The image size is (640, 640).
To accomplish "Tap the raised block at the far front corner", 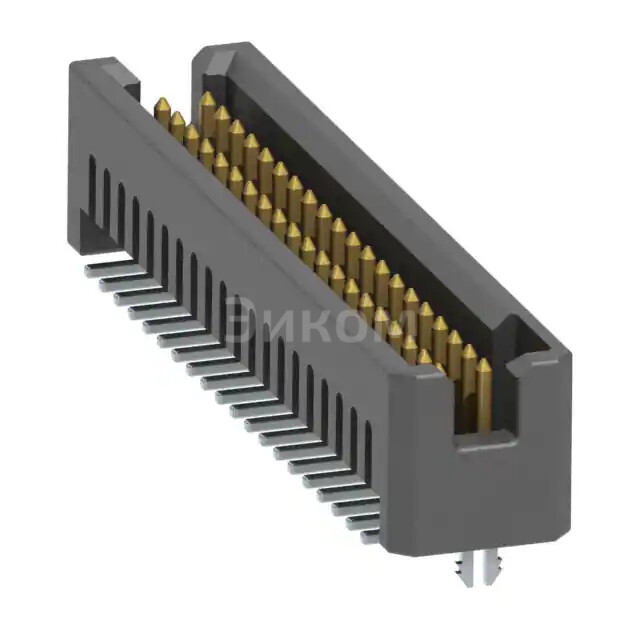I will pyautogui.click(x=101, y=76).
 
